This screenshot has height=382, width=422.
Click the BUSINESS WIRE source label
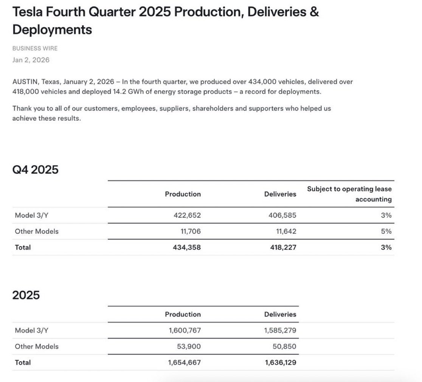coord(35,48)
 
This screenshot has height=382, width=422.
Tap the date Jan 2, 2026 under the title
coord(31,60)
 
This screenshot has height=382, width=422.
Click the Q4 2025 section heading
coord(36,169)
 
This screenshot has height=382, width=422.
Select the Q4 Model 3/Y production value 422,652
coord(185,216)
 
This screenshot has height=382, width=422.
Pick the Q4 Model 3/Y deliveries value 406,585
coord(280,216)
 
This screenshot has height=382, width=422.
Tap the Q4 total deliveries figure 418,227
coord(280,247)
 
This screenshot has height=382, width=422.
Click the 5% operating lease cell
coord(386,231)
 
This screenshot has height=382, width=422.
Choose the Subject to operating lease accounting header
coord(349,194)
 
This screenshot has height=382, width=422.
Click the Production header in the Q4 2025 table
coord(183,194)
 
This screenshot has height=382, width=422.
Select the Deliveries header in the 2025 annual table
coord(280,314)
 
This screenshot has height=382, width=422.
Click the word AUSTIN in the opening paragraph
coord(25,82)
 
